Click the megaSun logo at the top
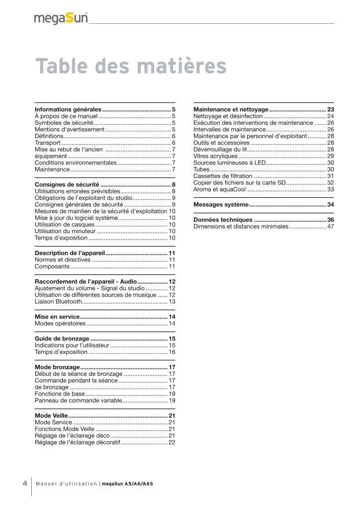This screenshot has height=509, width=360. click(61, 18)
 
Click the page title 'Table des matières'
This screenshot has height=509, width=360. click(131, 66)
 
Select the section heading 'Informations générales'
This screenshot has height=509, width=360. click(68, 109)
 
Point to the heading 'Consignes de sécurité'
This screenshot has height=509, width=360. click(67, 184)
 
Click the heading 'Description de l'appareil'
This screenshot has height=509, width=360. click(70, 253)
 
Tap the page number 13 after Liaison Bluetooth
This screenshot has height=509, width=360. click(172, 301)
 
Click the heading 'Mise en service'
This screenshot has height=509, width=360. click(57, 317)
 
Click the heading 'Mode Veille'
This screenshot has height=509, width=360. click(51, 415)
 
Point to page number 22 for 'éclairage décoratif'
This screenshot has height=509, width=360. click(172, 442)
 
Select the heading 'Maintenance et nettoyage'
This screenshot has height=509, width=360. click(231, 109)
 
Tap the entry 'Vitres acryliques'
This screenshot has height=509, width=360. click(215, 156)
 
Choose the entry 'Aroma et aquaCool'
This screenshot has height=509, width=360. click(219, 189)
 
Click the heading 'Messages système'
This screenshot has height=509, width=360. click(220, 204)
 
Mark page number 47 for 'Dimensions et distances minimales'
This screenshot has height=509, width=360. click(330, 226)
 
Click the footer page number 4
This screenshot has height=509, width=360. click(24, 483)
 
